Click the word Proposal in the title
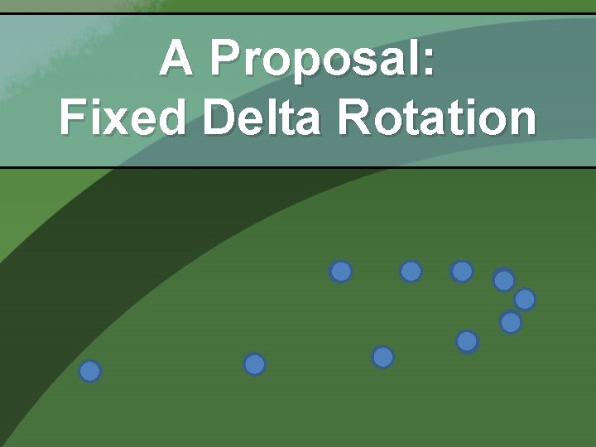click(x=322, y=60)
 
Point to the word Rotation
click(x=436, y=118)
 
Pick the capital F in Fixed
click(x=72, y=118)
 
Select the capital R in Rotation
click(x=354, y=118)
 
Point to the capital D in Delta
click(x=218, y=118)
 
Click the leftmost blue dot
click(x=90, y=372)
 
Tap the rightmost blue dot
click(x=525, y=300)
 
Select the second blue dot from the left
click(x=255, y=364)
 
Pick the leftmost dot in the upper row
click(x=340, y=271)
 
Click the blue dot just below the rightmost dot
click(x=511, y=323)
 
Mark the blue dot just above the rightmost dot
click(x=504, y=281)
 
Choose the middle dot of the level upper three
click(x=411, y=271)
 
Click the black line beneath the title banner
click(x=298, y=167)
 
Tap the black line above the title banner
click(x=298, y=13)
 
